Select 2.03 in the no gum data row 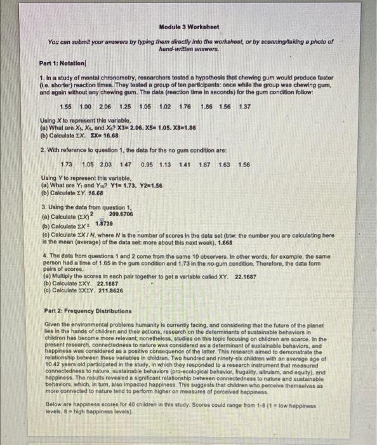(x=107, y=163)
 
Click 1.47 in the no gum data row (x=128, y=163)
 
